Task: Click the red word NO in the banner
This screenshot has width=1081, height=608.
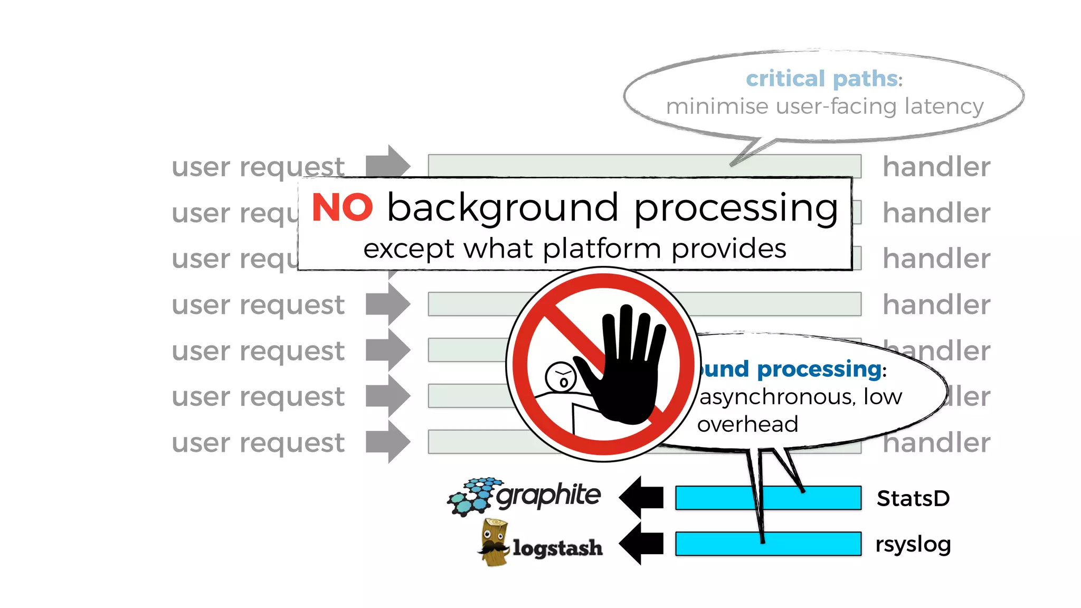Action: [342, 207]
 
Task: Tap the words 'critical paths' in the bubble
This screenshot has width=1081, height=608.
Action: [821, 79]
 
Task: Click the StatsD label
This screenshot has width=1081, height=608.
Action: [913, 498]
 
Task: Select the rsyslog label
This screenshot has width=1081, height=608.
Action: [913, 544]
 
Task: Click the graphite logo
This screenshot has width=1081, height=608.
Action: [524, 496]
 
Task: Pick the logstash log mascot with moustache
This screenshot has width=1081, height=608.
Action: [494, 543]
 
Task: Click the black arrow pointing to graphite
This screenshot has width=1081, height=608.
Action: [641, 497]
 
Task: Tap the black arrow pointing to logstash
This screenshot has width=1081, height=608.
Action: [641, 543]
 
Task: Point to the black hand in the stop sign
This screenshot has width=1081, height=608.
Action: [628, 369]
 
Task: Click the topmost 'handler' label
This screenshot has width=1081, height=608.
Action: [936, 167]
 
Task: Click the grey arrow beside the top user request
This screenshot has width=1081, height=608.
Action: [388, 166]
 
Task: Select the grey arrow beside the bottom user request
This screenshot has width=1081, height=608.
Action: [388, 442]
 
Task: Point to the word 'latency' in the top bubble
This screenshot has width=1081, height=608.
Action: [944, 106]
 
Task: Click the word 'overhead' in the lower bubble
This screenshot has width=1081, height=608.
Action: [747, 424]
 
